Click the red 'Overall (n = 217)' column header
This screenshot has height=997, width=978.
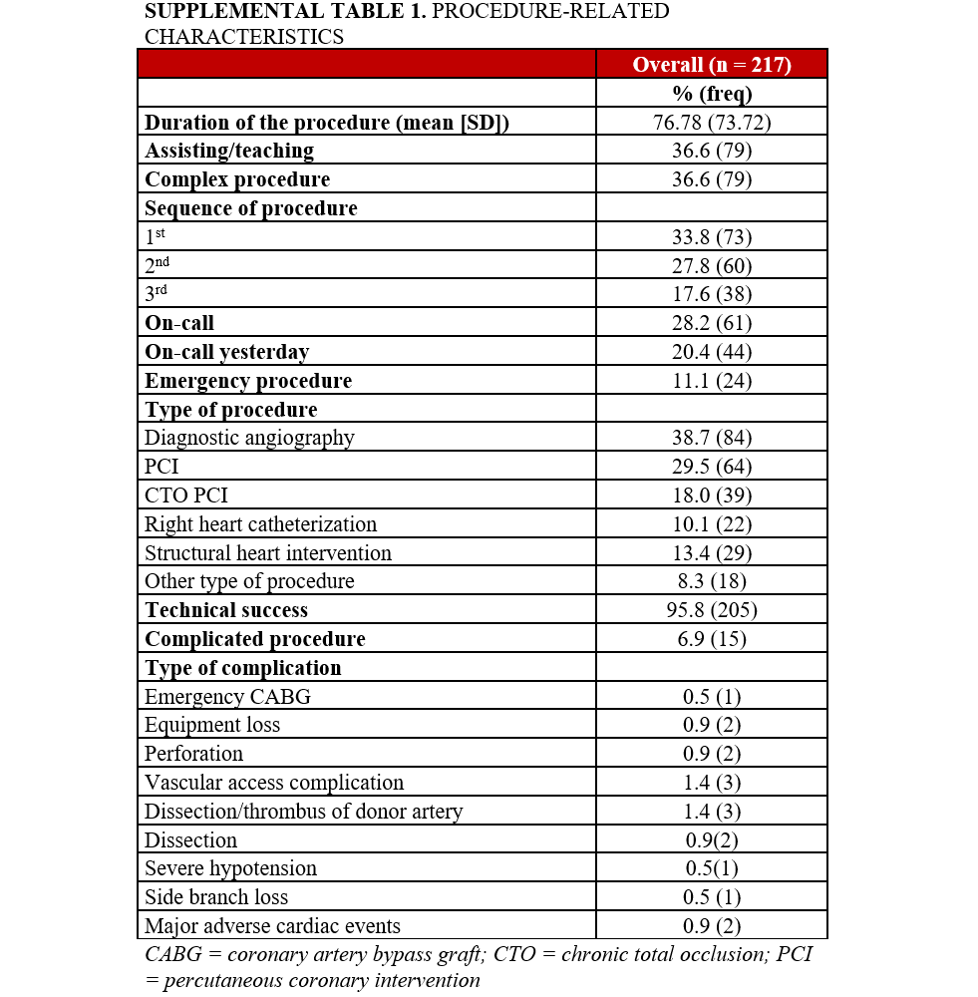point(711,65)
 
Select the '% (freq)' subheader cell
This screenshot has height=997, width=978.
point(711,94)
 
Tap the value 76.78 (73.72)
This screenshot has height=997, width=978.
point(711,123)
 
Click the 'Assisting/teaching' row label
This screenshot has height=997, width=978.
point(229,151)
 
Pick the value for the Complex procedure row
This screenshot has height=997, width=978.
point(711,179)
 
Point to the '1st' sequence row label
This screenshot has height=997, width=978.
point(156,237)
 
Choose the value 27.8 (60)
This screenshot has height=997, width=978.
point(711,266)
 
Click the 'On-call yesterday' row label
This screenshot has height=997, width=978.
point(226,352)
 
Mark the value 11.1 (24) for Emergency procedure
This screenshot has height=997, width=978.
point(711,381)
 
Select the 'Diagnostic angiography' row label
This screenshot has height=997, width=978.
point(249,438)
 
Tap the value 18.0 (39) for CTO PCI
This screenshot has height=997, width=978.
point(711,496)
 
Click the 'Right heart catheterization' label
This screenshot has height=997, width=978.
point(260,524)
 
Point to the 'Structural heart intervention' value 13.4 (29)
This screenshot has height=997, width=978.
point(711,553)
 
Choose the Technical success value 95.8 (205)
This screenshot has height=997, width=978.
point(711,610)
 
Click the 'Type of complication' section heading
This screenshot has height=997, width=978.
point(242,668)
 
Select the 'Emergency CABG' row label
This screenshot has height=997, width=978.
point(227,697)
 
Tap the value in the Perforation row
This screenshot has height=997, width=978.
point(711,754)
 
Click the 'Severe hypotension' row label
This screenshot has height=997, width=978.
point(230,868)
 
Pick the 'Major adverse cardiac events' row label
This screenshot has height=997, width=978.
point(272,926)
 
